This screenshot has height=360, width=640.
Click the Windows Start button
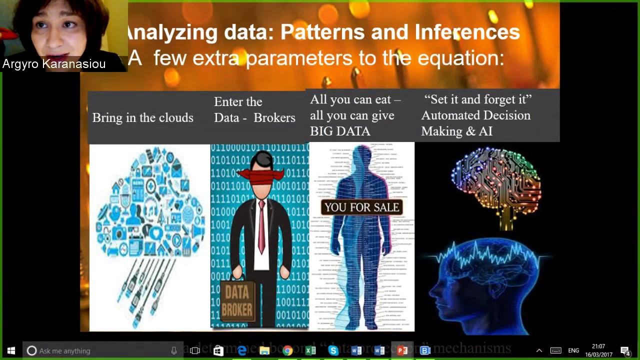tap(11, 350)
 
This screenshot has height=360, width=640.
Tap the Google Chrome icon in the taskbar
tap(287, 350)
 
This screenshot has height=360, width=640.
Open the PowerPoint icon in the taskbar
tap(402, 350)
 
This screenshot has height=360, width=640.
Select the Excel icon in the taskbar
tap(310, 350)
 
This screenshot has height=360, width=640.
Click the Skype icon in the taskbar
tap(333, 350)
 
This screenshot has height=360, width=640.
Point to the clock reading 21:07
tap(598, 346)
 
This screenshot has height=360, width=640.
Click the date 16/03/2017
tap(598, 354)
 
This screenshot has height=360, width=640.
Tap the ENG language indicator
tap(573, 350)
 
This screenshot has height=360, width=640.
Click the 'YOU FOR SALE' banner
tap(361, 207)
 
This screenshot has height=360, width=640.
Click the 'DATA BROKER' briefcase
tap(237, 300)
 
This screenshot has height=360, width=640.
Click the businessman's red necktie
tap(261, 225)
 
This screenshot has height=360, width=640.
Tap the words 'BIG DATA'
tap(340, 131)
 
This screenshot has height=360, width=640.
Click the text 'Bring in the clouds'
tap(142, 117)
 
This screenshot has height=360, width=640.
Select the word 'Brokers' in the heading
tap(274, 117)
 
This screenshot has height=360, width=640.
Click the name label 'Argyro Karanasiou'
tap(54, 64)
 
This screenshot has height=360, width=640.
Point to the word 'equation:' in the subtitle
tap(460, 58)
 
